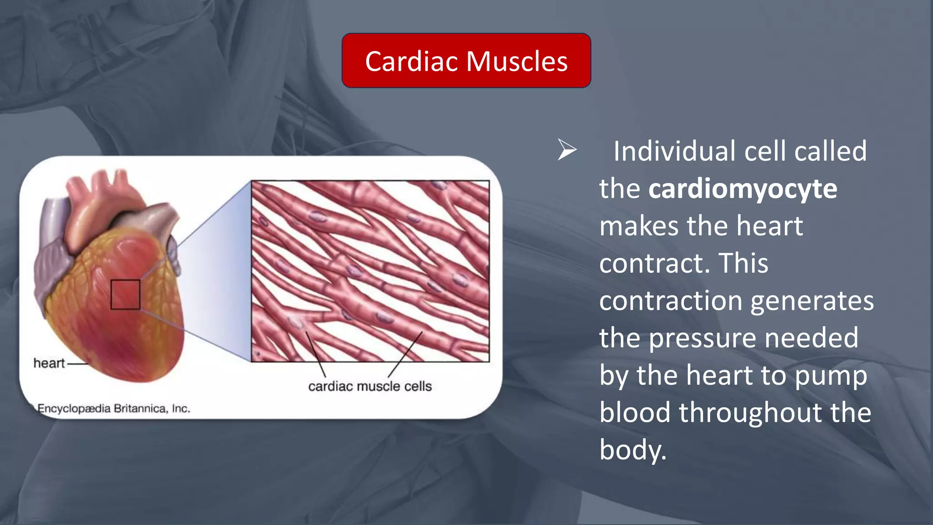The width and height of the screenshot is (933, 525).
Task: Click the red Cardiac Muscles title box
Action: click(466, 60)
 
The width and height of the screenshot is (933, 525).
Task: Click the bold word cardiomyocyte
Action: click(743, 189)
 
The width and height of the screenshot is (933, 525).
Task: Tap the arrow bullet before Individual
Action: click(567, 150)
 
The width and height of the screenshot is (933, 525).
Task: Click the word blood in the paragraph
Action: click(635, 412)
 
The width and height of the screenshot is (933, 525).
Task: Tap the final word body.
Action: click(632, 450)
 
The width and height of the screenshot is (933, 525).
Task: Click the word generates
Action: click(812, 301)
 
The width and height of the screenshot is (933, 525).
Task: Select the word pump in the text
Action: click(830, 376)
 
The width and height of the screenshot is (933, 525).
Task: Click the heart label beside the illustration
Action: click(49, 363)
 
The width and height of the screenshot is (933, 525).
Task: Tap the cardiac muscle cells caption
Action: click(370, 386)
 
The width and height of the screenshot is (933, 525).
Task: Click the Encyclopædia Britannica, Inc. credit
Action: click(113, 408)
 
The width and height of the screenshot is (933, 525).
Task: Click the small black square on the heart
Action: click(125, 294)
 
